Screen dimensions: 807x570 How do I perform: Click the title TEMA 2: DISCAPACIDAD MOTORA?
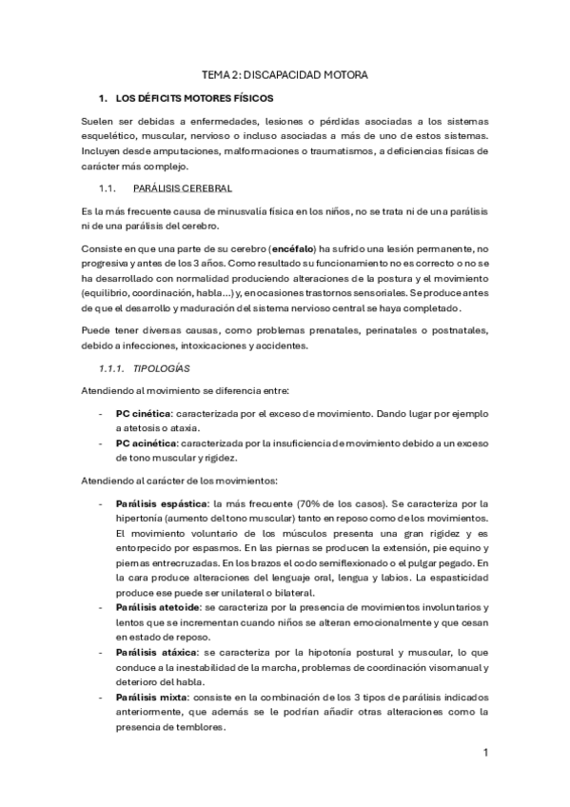tap(285, 73)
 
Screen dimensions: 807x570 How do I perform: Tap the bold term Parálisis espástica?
tap(162, 503)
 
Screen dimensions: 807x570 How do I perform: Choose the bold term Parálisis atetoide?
tap(158, 606)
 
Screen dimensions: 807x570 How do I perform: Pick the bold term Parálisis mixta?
tap(150, 698)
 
